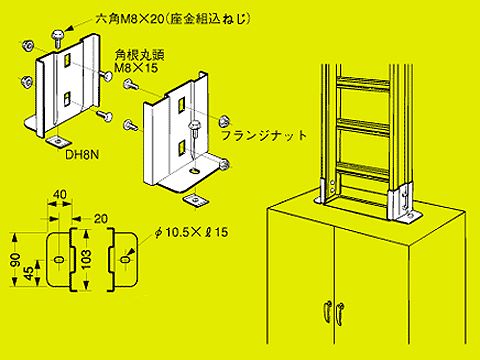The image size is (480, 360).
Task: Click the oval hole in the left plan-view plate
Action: tap(56, 259)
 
